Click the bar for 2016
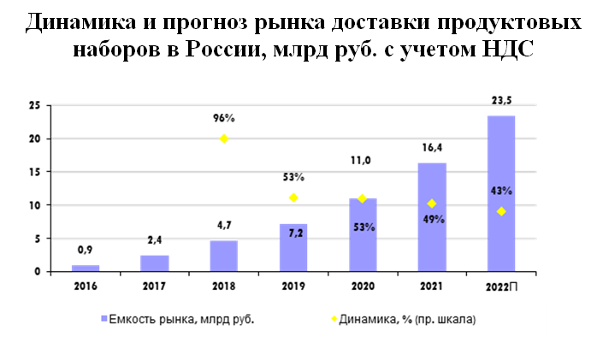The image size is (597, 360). pos(85,268)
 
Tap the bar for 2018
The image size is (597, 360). pos(224,256)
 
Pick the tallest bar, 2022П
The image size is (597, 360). pos(500,193)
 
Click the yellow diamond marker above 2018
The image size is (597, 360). pos(224,139)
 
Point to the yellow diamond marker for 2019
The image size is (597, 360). pos(293,198)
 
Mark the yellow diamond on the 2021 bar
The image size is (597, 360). pos(432,204)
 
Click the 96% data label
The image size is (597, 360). pos(224,118)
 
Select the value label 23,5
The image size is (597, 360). pos(502,100)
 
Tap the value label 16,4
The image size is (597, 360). pos(432,149)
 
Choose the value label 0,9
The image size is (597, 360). pos(85,251)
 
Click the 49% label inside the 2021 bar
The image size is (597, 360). pos(432,218)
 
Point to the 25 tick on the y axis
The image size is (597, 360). pos(35,105)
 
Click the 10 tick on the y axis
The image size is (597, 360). pos(35,205)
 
